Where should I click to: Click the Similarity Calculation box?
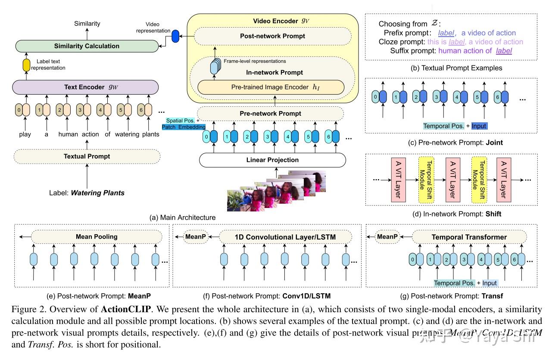pyautogui.click(x=87, y=46)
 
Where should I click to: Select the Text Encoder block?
pyautogui.click(x=87, y=87)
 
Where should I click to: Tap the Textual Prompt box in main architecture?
pyautogui.click(x=87, y=156)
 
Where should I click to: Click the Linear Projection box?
pyautogui.click(x=272, y=160)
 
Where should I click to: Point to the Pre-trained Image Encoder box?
pyautogui.click(x=271, y=87)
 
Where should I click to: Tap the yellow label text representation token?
pyautogui.click(x=26, y=65)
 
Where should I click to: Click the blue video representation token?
pyautogui.click(x=175, y=37)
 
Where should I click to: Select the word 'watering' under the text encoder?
pyautogui.click(x=127, y=134)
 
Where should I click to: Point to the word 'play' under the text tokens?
pyautogui.click(x=25, y=134)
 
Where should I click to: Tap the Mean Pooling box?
pyautogui.click(x=97, y=236)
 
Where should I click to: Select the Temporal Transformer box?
pyautogui.click(x=469, y=237)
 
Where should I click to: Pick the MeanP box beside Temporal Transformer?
pyautogui.click(x=387, y=236)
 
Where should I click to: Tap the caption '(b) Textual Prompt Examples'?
pyautogui.click(x=450, y=68)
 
